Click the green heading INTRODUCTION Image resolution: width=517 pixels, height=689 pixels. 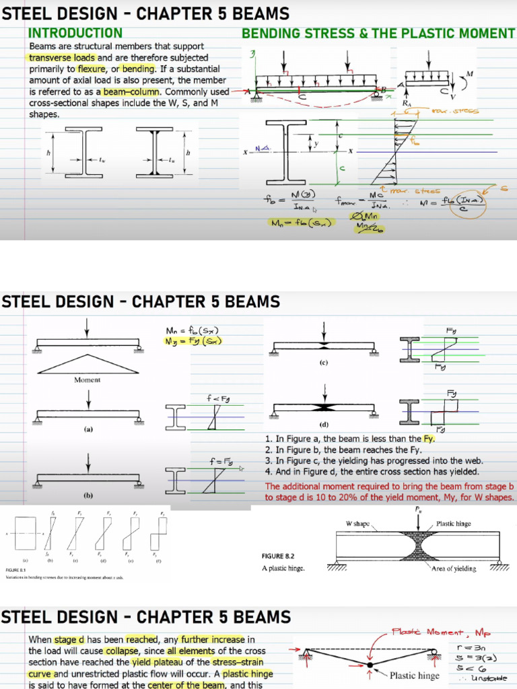[x=75, y=33]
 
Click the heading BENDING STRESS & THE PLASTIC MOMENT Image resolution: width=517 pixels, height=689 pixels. [x=378, y=34]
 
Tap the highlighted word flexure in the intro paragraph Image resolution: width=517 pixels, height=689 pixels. [x=91, y=69]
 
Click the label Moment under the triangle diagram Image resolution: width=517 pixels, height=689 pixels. [x=87, y=380]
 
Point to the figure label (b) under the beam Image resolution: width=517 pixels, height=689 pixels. [x=88, y=495]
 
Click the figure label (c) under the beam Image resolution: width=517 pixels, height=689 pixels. [x=324, y=363]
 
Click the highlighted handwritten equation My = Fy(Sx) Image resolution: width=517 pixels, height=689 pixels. [x=194, y=341]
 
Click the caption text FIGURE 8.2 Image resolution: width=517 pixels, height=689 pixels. [x=279, y=556]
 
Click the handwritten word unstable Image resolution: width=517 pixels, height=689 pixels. [x=490, y=678]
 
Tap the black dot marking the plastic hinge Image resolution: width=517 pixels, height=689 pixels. [x=370, y=667]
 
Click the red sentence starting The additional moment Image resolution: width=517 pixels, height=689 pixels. [x=390, y=492]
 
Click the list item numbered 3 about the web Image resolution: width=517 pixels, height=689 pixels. [x=374, y=461]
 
